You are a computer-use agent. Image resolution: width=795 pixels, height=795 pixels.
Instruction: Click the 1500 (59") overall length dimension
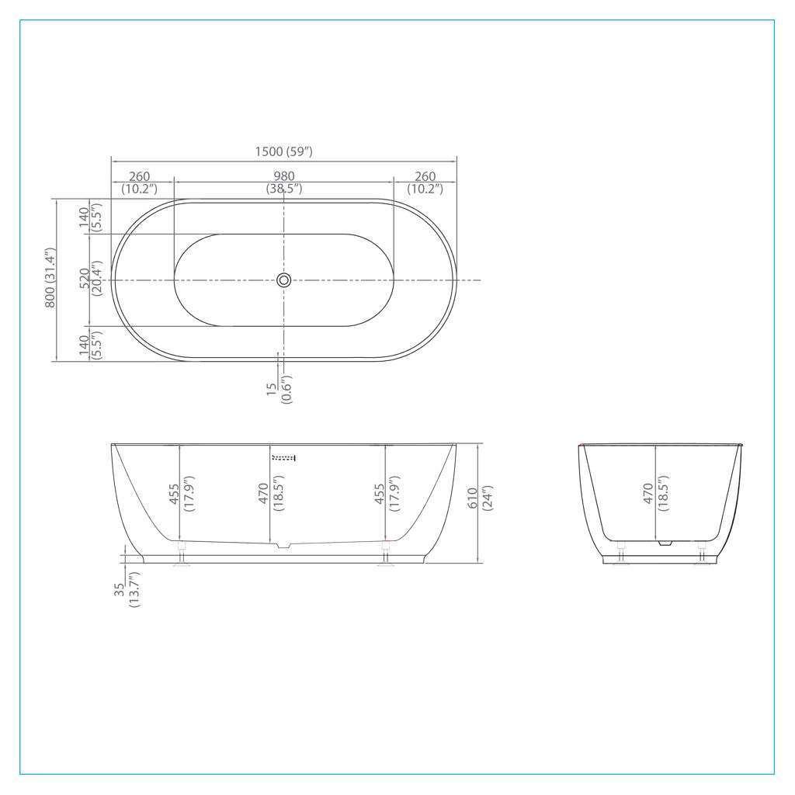tap(284, 151)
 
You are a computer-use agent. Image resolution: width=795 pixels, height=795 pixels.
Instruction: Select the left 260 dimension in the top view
tap(140, 182)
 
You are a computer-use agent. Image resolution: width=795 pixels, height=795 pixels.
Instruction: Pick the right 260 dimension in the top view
tap(425, 182)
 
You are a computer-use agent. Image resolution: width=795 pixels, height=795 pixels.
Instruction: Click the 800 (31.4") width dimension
tap(50, 278)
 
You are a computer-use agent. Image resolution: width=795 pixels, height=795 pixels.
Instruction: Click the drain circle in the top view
tap(284, 279)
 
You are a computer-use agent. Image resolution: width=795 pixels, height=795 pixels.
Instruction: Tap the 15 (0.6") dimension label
tap(279, 389)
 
